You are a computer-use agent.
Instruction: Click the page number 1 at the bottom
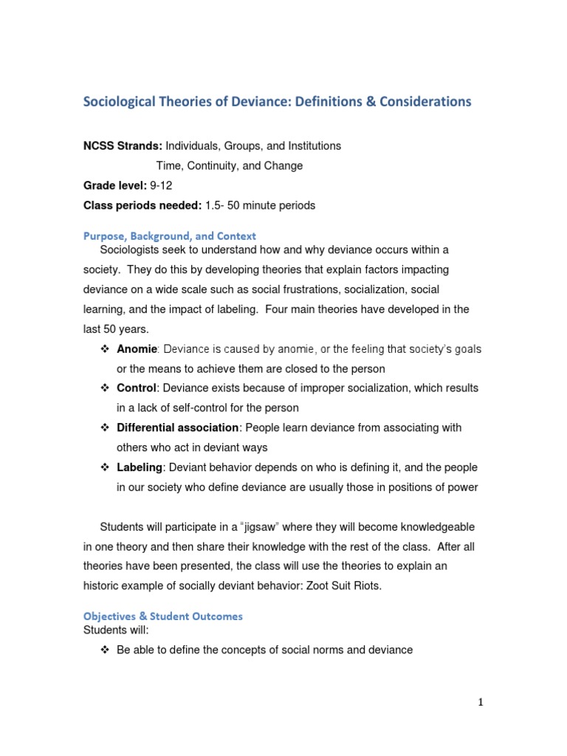480,702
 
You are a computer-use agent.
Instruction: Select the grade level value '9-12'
163,186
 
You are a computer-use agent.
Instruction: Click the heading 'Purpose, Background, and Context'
169,236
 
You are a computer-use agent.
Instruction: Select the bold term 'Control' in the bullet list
137,388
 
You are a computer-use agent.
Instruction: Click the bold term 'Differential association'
178,427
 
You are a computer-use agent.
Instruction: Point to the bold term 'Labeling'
140,467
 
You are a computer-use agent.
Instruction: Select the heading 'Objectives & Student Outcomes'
162,616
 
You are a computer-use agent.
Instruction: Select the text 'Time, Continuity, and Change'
229,166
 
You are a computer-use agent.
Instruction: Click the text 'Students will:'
115,630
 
